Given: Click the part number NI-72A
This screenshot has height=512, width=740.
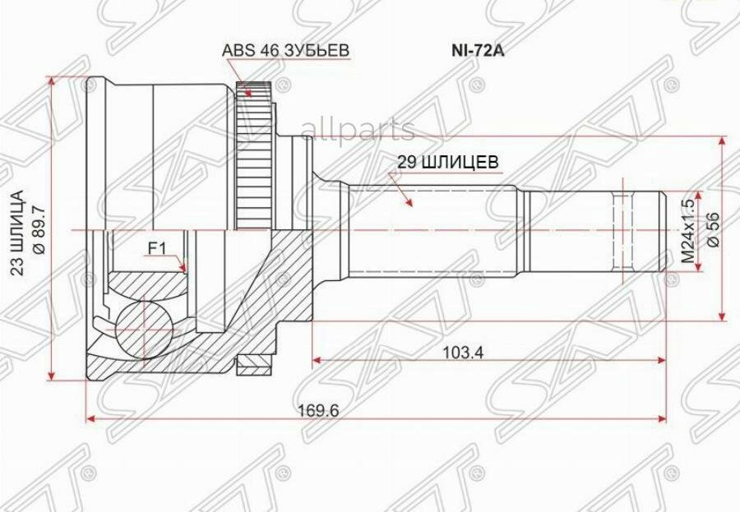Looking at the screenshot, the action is point(478,50).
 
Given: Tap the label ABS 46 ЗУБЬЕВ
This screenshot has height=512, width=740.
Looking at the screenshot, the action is point(285,50).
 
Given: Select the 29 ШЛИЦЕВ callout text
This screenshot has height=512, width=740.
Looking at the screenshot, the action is point(447,162).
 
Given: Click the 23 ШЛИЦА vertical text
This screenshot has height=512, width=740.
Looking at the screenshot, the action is point(16,233).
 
